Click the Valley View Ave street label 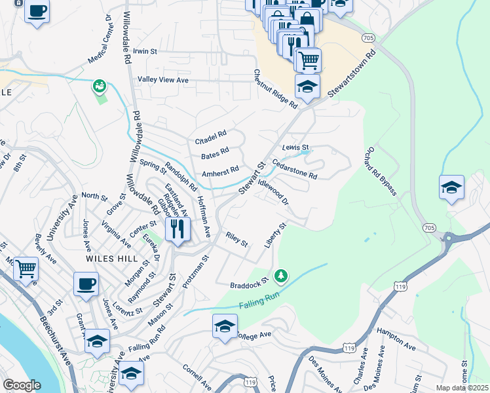click(162, 80)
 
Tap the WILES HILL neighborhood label click(109, 259)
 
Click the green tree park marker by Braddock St click(281, 276)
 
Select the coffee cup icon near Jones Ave click(86, 284)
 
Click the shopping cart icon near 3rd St click(26, 268)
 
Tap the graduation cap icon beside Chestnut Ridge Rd click(307, 86)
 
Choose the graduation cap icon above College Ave click(224, 326)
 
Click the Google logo click(22, 385)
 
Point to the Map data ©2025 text click(461, 388)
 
